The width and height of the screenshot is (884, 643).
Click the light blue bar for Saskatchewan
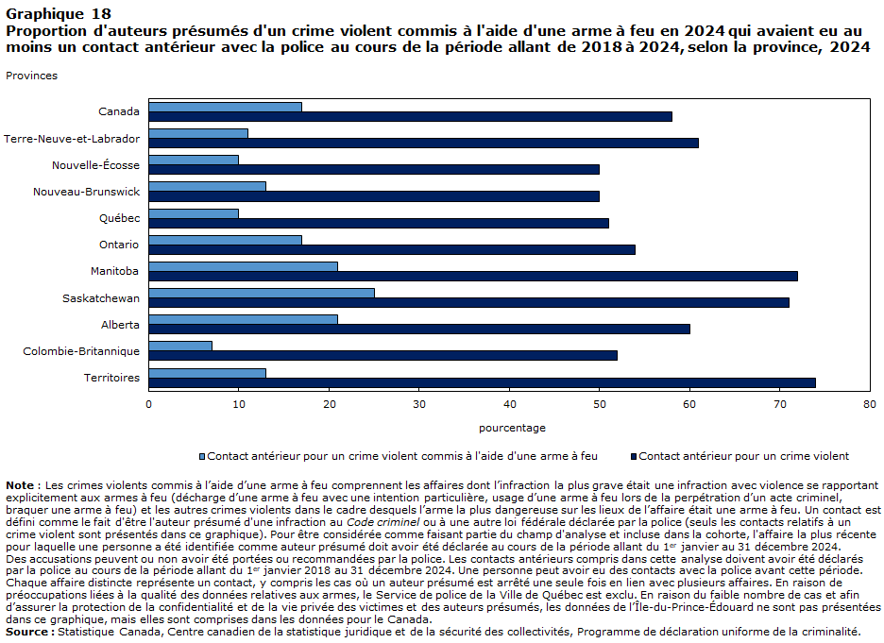coord(262,293)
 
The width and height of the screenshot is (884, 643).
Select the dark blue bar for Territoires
coord(482,382)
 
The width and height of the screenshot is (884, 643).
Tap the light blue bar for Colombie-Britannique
coord(180,346)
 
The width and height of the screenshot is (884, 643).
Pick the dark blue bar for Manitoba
coord(473,276)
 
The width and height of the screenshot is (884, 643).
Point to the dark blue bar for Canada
coord(411,117)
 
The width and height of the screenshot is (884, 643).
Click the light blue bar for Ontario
coord(225,240)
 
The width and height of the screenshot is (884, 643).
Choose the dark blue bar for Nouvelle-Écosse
coord(374,170)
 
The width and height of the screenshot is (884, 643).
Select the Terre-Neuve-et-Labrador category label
coord(72,139)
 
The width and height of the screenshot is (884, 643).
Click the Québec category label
coord(120,218)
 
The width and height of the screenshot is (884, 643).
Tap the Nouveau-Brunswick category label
coord(86,192)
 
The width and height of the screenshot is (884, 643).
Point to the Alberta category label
coord(120,325)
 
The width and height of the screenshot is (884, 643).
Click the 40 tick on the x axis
coord(510,404)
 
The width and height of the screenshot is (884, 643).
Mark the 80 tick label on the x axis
coord(870,404)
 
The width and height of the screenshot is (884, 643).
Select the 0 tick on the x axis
coord(149,404)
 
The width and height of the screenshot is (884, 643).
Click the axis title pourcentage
coord(512,428)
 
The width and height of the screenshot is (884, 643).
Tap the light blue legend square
coord(202,456)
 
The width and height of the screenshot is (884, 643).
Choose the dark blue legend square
coord(634,456)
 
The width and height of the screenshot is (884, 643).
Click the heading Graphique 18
coord(59,14)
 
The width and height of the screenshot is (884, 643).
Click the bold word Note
coord(20,485)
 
